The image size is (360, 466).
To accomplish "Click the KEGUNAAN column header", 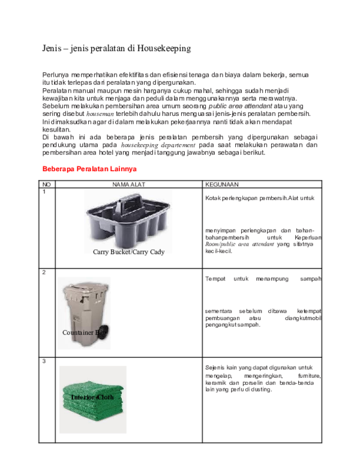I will pyautogui.click(x=221, y=184).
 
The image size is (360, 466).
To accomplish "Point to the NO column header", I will pyautogui.click(x=45, y=184).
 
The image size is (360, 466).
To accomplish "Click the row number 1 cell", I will pyautogui.click(x=44, y=192).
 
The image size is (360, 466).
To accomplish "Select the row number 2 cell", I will pyautogui.click(x=44, y=273).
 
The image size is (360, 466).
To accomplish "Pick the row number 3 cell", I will pyautogui.click(x=44, y=361).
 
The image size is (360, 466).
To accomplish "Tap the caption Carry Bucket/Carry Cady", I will pyautogui.click(x=128, y=252).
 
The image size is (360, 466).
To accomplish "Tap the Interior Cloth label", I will pyautogui.click(x=92, y=398).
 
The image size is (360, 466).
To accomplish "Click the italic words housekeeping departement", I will pyautogui.click(x=158, y=145).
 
